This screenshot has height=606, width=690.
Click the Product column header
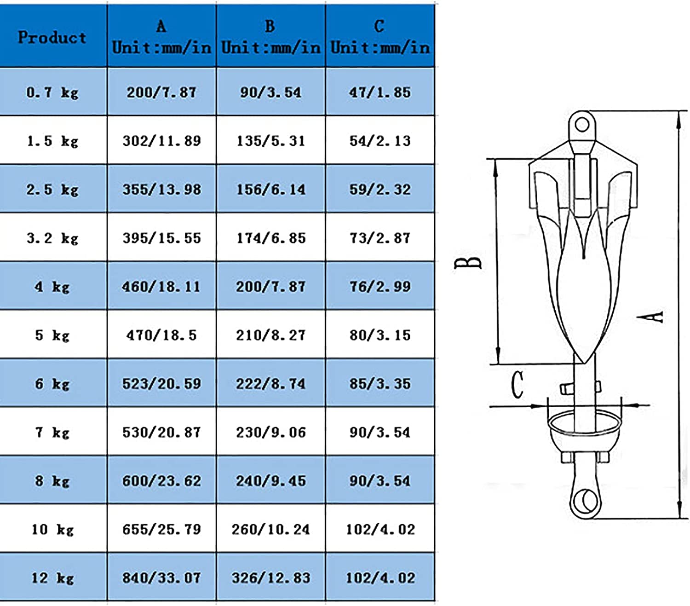coord(52,37)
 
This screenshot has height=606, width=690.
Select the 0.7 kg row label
coord(52,92)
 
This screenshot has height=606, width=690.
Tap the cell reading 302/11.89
coord(162,141)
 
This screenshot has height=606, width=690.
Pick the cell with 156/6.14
coord(271,190)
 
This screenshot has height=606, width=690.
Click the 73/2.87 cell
coord(380,238)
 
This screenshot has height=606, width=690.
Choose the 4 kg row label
coord(52,287)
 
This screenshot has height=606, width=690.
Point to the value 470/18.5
coord(162,335)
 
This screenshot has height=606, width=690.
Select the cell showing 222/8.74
coord(271,384)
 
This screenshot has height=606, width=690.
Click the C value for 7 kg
coord(380,432)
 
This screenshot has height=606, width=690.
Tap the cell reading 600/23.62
coord(162,481)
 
